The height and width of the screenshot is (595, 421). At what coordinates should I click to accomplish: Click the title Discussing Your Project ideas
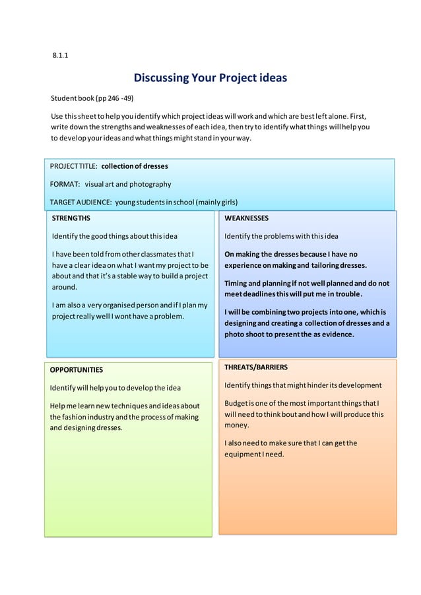(210, 78)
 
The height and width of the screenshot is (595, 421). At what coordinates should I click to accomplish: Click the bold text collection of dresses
(135, 166)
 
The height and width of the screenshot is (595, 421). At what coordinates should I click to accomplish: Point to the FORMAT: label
(65, 184)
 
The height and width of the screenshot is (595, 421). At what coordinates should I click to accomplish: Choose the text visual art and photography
(127, 184)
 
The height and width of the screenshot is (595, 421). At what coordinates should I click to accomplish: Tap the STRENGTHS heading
(71, 218)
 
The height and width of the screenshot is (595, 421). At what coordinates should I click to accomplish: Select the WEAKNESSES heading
(246, 218)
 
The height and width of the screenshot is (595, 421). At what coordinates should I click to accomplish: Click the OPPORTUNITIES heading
(77, 370)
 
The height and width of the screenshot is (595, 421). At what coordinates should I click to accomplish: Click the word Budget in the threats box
(238, 404)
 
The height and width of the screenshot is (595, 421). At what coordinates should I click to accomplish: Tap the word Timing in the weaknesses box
(238, 283)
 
